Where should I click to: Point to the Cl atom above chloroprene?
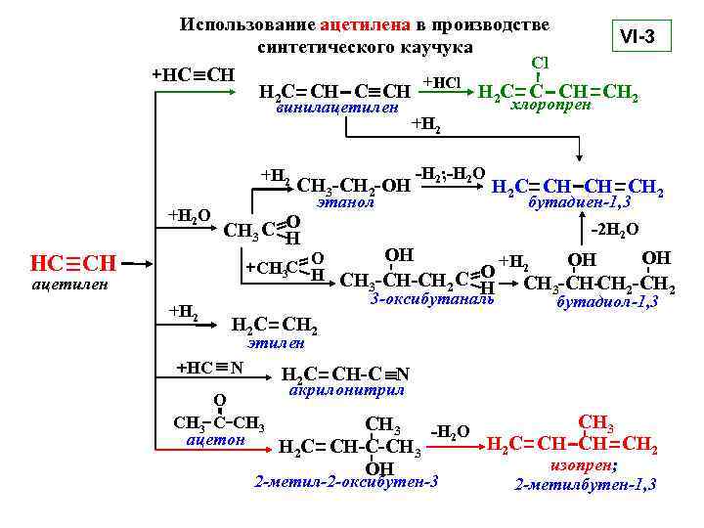click(539, 64)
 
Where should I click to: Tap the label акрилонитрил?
click(348, 389)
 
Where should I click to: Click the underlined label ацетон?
click(215, 439)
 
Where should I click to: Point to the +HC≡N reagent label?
click(209, 368)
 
